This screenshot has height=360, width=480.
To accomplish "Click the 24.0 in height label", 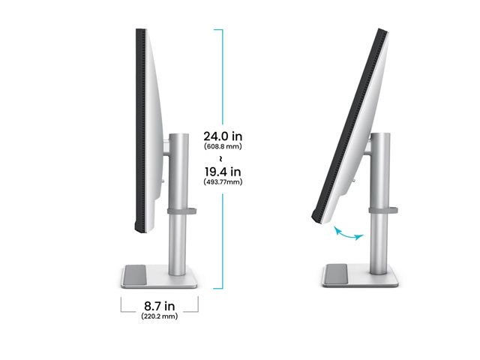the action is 223,136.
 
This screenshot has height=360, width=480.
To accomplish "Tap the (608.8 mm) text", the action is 223,146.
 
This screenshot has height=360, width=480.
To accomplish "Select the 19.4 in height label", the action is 223,172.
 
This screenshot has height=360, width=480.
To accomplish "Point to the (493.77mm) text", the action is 223,181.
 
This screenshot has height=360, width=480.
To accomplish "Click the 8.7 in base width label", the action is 160,306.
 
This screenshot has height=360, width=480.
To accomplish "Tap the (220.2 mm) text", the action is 160,316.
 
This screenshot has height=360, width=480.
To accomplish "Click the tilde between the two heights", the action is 221,158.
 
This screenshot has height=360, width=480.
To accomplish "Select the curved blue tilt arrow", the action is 348,233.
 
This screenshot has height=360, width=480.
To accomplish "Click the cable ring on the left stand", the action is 181,211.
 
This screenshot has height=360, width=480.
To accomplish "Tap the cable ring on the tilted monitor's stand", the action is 383,210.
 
